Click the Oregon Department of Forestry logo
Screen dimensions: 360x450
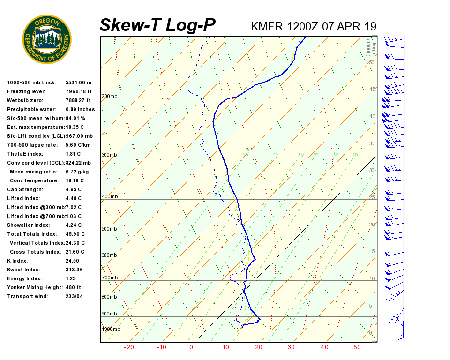coord(47,39)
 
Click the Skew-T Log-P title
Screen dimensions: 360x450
coord(157,25)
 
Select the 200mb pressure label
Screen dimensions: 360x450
coord(109,97)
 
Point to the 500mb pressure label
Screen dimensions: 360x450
coord(109,229)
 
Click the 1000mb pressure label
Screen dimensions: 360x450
coord(111,330)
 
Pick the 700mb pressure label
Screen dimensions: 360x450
coord(109,278)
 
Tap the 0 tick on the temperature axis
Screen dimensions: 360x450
coord(191,347)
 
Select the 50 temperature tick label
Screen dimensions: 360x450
coord(357,347)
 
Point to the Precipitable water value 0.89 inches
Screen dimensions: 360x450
coord(80,109)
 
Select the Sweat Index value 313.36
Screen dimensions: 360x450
coord(74,270)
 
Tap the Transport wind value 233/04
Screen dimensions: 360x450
coord(75,296)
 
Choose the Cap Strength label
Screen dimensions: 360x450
coord(25,189)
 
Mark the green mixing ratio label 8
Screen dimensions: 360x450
coord(355,154)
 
